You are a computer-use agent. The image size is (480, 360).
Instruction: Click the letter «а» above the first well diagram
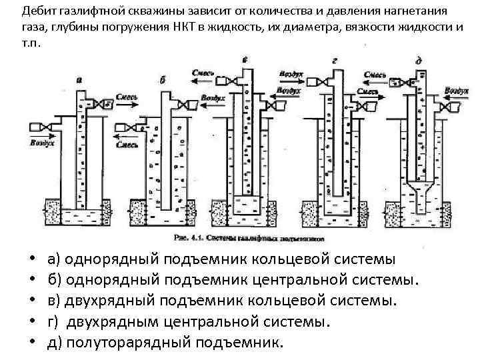point(80,79)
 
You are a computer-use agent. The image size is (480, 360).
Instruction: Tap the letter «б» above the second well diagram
point(165,79)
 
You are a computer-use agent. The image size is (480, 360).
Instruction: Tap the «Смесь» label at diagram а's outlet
point(127,97)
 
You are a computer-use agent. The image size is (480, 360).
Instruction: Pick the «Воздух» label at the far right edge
point(459,89)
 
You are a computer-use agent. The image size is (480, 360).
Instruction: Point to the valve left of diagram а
point(45,127)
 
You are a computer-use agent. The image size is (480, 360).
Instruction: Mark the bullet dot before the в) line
point(31,301)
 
